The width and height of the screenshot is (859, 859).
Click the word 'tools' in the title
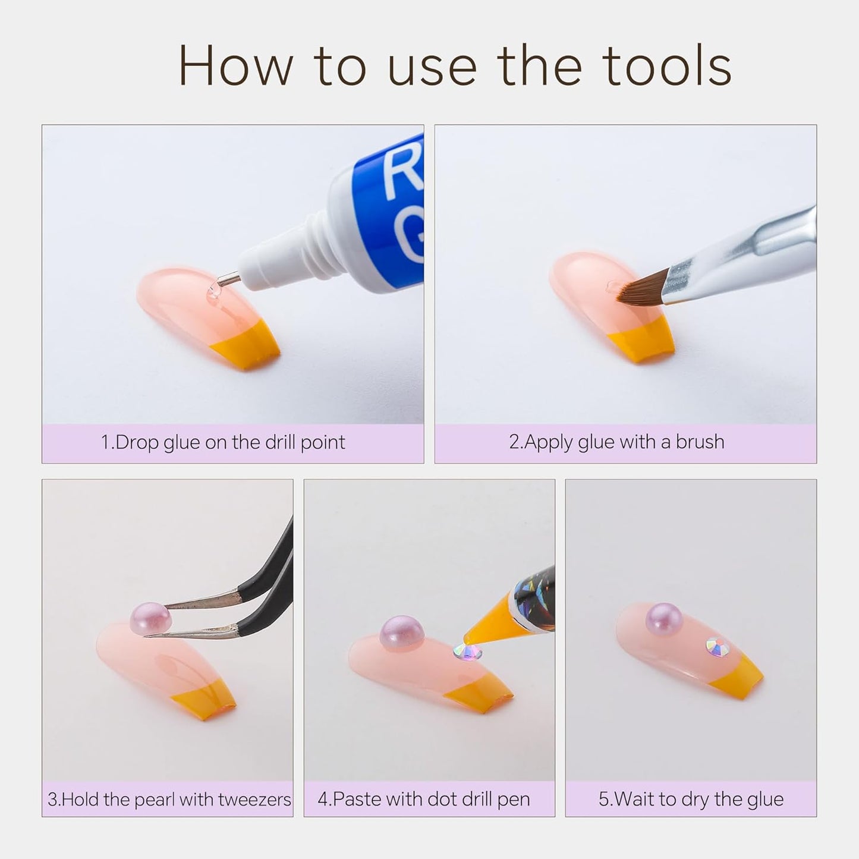pyautogui.click(x=669, y=65)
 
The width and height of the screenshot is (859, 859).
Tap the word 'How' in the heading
pyautogui.click(x=236, y=65)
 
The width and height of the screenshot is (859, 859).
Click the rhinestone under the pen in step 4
pyautogui.click(x=468, y=652)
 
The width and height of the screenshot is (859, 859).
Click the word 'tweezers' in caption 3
pyautogui.click(x=255, y=800)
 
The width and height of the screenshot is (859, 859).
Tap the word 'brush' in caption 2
pyautogui.click(x=700, y=442)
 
